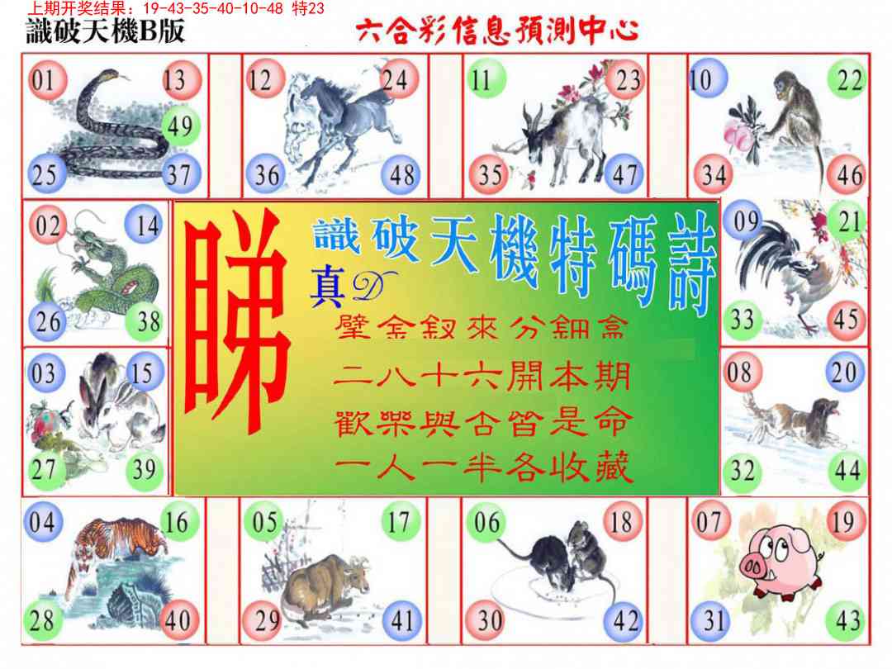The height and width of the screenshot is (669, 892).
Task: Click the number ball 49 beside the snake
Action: click(178, 126)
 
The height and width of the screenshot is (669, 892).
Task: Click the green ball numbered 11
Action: click(482, 80)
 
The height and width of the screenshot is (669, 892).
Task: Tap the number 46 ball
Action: click(848, 174)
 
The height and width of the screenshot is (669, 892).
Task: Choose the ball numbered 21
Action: click(848, 222)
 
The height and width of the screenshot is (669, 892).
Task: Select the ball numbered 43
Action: click(847, 620)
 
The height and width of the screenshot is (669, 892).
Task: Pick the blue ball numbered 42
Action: click(625, 620)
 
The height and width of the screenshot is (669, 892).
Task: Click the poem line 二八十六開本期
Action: click(483, 377)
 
